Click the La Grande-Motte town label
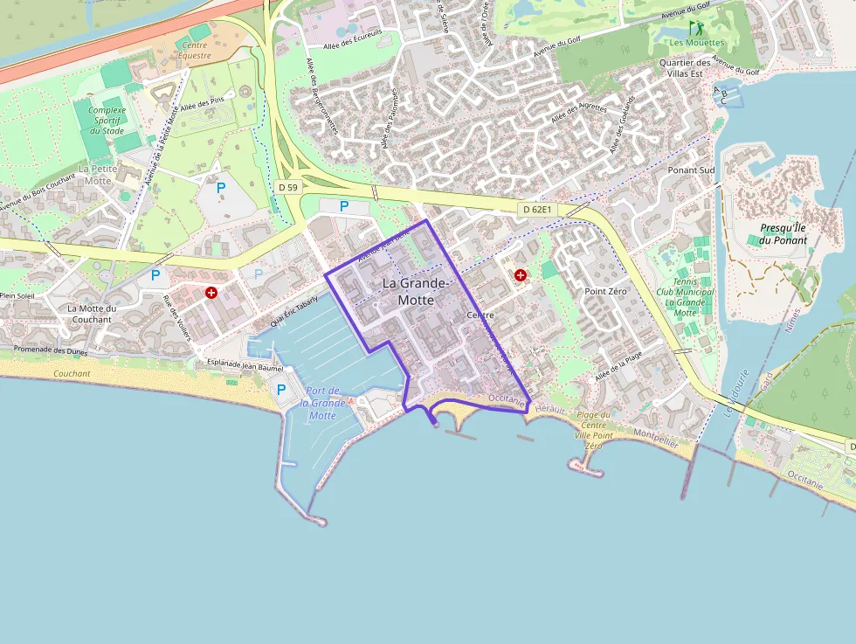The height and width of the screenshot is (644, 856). (x=416, y=292)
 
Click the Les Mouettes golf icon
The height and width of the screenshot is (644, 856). (x=695, y=28)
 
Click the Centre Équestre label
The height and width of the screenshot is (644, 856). (x=194, y=50)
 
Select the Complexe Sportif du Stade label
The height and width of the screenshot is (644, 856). (x=107, y=121)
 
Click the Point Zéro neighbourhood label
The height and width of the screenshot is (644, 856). (x=606, y=291)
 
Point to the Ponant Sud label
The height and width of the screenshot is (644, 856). (x=691, y=170)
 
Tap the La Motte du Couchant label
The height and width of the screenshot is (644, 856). (x=92, y=314)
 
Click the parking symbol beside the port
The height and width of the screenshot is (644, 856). (x=281, y=389)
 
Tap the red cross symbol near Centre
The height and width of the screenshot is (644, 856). (x=521, y=275)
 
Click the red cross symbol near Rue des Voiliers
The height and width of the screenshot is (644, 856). (x=211, y=292)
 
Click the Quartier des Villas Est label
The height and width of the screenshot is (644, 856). (x=684, y=68)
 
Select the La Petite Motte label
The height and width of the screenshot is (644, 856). (x=96, y=174)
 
